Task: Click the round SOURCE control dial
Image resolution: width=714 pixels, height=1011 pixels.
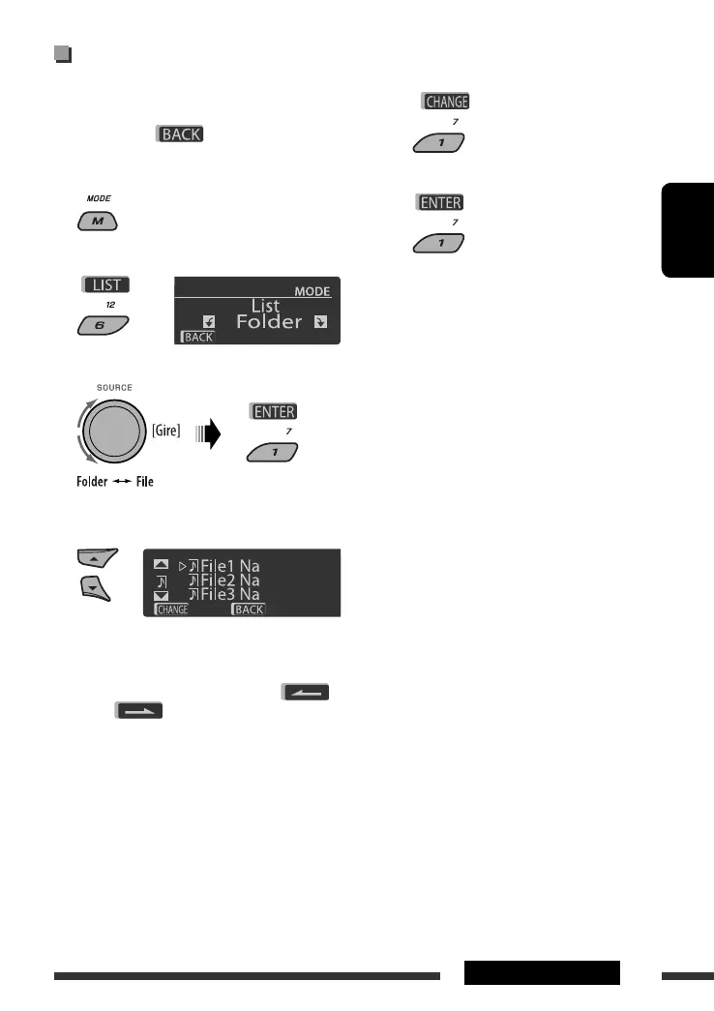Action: click(x=110, y=429)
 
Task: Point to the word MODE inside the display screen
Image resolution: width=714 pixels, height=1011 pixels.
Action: click(x=312, y=291)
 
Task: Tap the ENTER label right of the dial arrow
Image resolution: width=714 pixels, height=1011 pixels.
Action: click(x=275, y=411)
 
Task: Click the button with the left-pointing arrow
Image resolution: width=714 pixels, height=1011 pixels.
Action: click(x=306, y=691)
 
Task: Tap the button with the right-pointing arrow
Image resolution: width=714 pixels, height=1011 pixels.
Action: click(x=138, y=710)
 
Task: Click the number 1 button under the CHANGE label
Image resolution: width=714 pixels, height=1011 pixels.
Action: click(x=438, y=144)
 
